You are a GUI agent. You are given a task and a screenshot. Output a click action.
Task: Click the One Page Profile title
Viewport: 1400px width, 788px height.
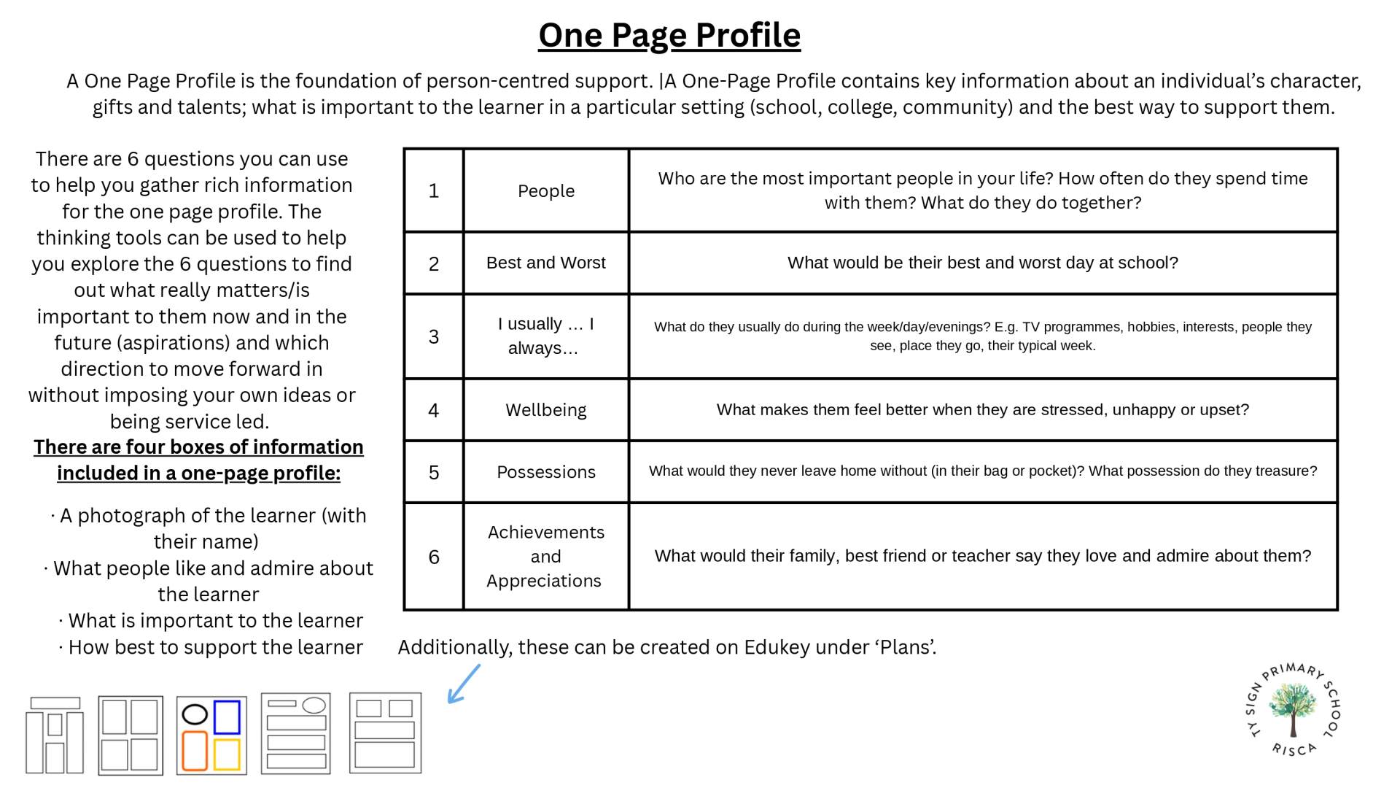coord(669,35)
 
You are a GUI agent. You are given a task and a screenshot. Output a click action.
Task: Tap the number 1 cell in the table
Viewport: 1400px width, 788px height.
coord(434,191)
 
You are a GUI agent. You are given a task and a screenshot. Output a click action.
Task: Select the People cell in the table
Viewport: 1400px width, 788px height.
coord(546,191)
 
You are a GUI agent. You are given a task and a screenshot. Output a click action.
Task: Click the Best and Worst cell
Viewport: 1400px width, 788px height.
coord(546,263)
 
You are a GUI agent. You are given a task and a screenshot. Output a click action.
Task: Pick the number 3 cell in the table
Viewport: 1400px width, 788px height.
coord(434,336)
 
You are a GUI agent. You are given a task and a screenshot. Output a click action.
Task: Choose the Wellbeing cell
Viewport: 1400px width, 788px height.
coord(546,410)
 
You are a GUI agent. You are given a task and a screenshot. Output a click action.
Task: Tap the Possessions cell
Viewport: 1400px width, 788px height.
coord(546,472)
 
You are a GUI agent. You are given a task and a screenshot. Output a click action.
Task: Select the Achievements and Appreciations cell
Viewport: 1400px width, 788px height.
coord(546,557)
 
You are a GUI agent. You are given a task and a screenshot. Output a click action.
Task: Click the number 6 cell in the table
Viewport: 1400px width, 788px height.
coord(434,557)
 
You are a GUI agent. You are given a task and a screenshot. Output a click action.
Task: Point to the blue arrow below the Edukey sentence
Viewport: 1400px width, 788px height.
coord(464,684)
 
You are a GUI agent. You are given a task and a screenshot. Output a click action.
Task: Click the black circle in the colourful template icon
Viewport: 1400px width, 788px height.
coord(195,714)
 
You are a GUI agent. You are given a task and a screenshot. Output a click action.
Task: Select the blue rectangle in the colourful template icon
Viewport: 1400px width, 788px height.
coord(227,717)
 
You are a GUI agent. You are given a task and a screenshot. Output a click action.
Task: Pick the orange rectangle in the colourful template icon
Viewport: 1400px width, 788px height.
coord(195,752)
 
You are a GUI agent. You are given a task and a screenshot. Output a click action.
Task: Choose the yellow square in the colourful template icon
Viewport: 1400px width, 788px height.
coord(227,754)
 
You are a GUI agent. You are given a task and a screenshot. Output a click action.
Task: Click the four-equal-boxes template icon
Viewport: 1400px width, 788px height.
coord(131,735)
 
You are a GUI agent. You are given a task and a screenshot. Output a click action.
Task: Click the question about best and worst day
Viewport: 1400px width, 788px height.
coord(982,263)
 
